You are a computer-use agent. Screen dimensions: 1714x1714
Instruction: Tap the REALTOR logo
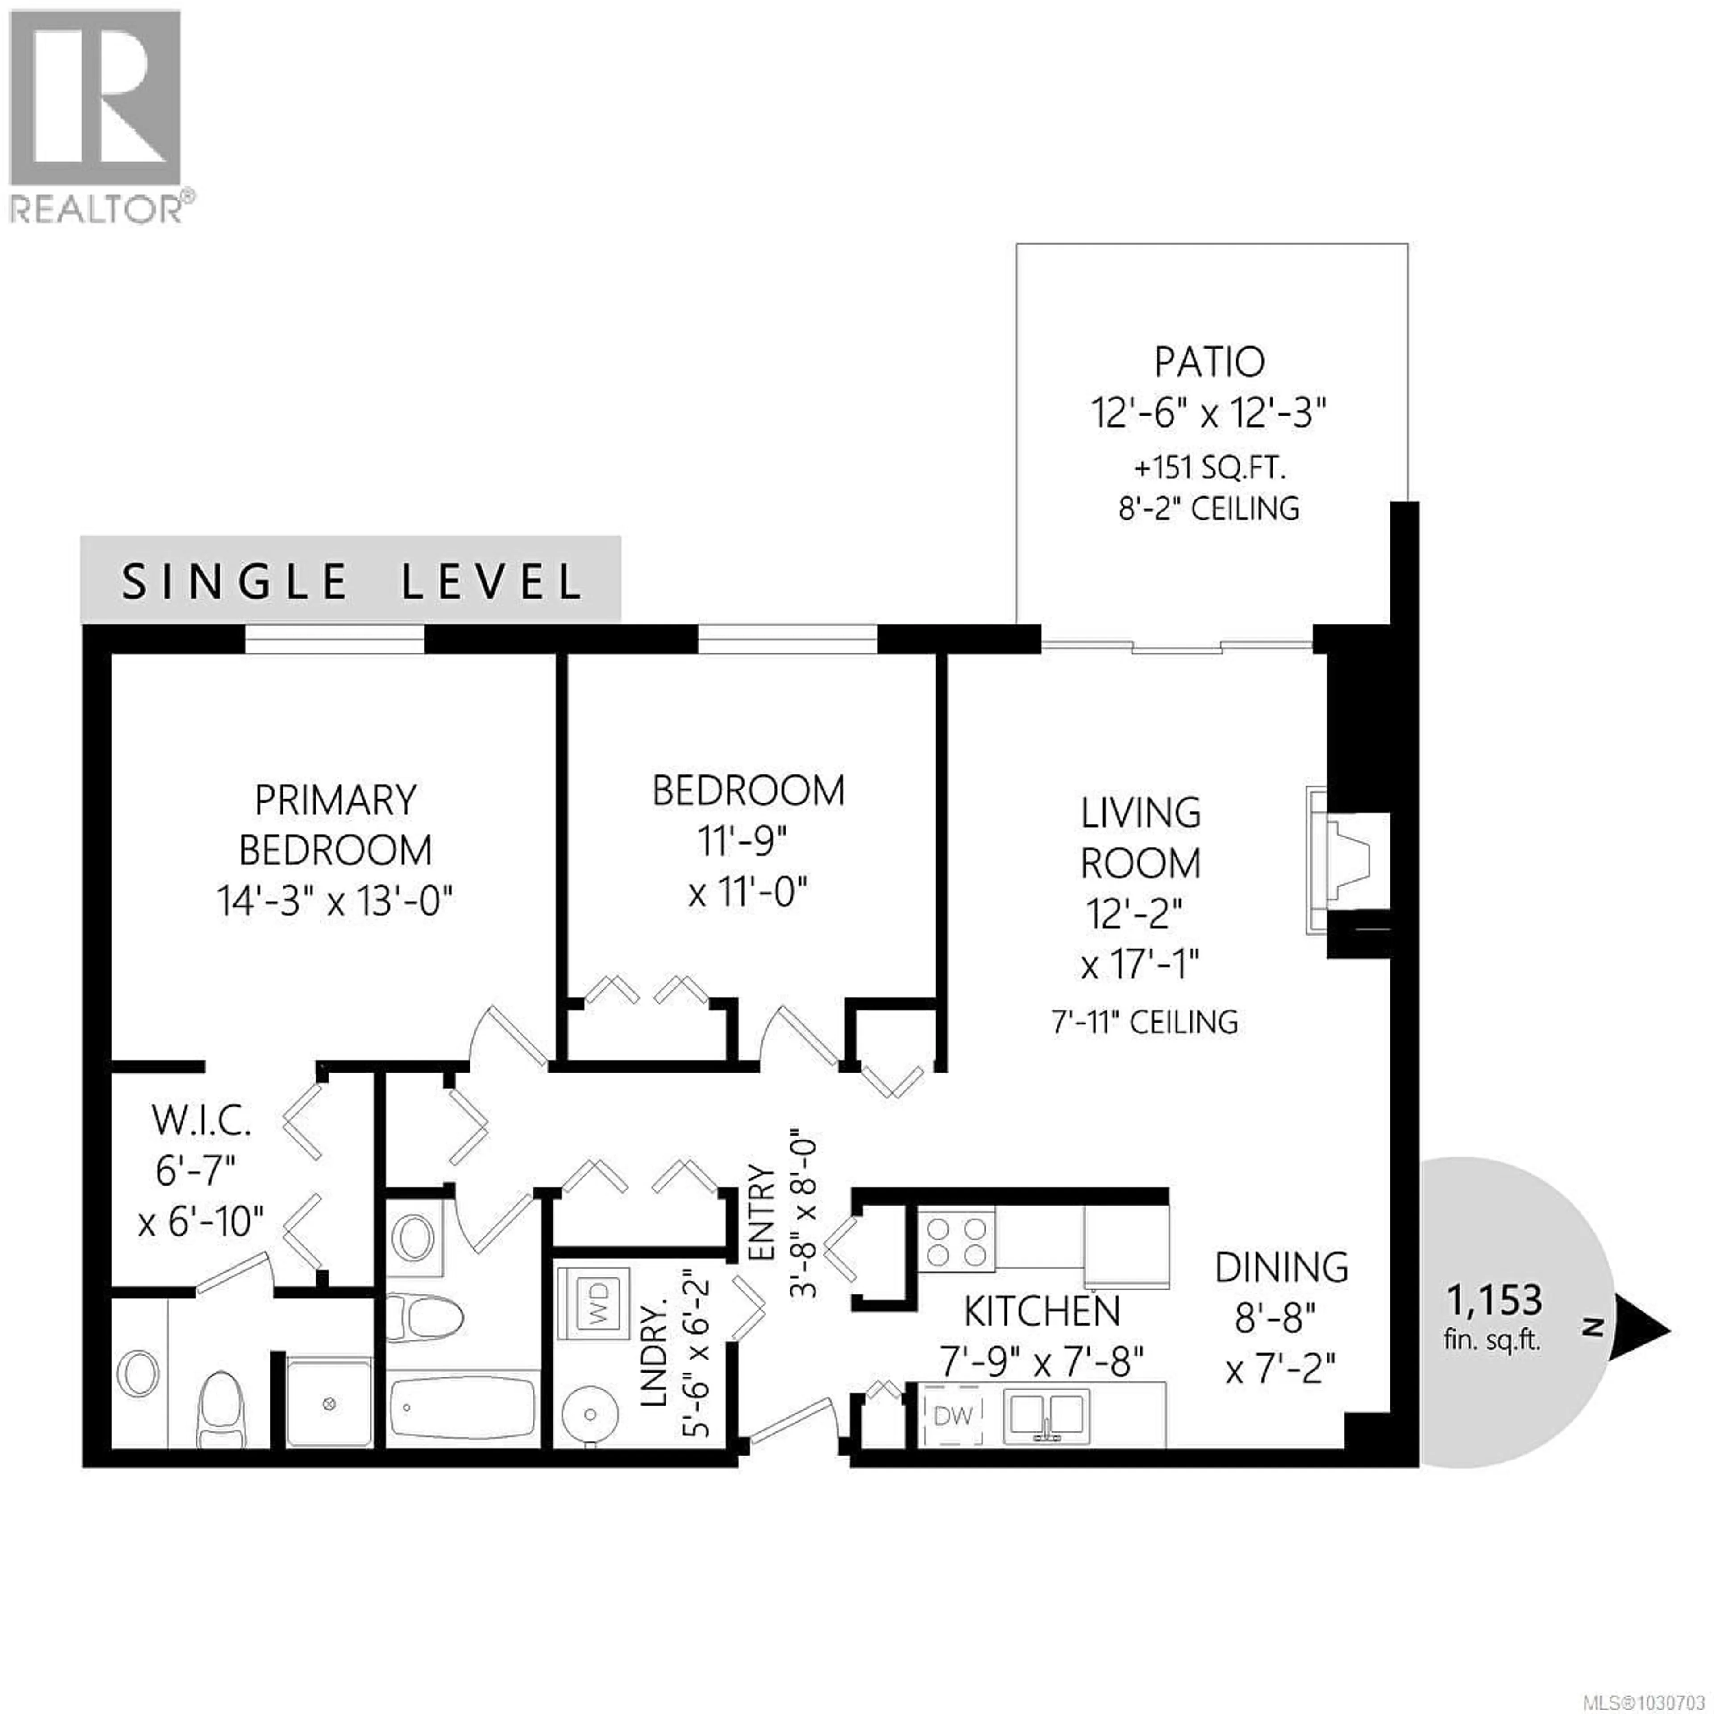pyautogui.click(x=98, y=115)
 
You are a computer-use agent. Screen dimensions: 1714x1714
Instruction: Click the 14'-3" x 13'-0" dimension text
pyautogui.click(x=335, y=902)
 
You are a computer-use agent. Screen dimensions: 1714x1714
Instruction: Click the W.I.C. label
pyautogui.click(x=201, y=1121)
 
